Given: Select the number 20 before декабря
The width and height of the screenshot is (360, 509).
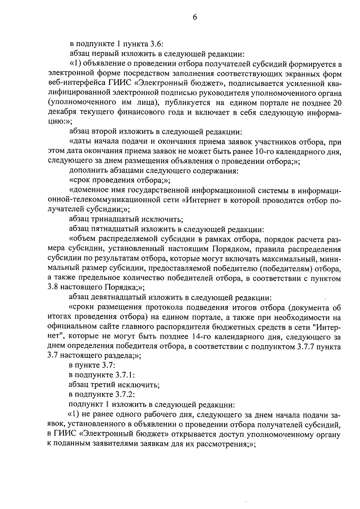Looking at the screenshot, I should click(337, 103).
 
